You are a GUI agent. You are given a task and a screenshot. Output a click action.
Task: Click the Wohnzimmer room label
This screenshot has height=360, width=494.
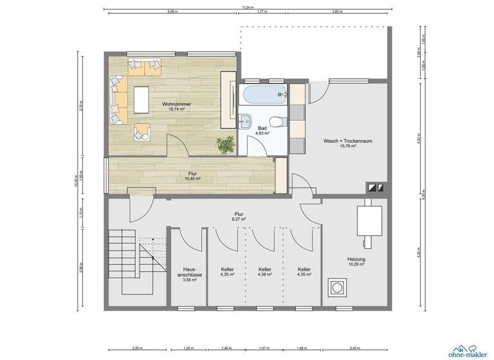[x=176, y=104]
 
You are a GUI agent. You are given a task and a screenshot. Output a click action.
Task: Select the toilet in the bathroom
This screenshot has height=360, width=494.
[x=275, y=121]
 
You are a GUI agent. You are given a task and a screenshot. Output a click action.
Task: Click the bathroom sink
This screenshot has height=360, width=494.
[x=246, y=121]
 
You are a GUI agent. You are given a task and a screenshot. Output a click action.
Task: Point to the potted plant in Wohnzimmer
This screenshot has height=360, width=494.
[x=225, y=146]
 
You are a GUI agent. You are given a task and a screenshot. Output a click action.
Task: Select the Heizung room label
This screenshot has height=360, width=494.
[x=356, y=258]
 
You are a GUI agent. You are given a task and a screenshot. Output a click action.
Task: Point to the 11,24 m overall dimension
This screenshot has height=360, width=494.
[x=246, y=8]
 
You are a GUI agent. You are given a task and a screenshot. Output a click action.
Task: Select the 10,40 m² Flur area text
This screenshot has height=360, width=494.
[x=192, y=178]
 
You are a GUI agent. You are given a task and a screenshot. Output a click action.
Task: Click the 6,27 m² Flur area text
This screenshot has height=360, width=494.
[x=239, y=219]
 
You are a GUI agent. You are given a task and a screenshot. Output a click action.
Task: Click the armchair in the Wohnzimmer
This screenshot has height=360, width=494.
[x=141, y=132]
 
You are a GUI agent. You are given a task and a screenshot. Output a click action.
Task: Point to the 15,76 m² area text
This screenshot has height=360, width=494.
[x=347, y=146]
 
